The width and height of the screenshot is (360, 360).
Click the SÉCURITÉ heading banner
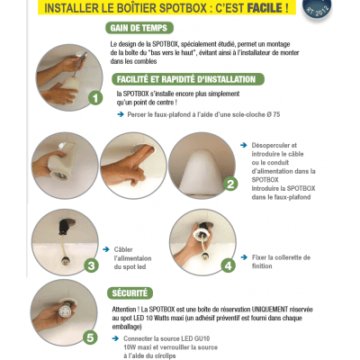tap(136, 292)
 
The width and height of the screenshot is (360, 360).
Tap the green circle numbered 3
tap(91, 265)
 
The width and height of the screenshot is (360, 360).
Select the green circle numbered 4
tap(229, 265)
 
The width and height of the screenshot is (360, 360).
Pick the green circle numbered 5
tap(91, 338)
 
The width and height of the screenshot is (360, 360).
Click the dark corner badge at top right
tap(344, 11)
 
